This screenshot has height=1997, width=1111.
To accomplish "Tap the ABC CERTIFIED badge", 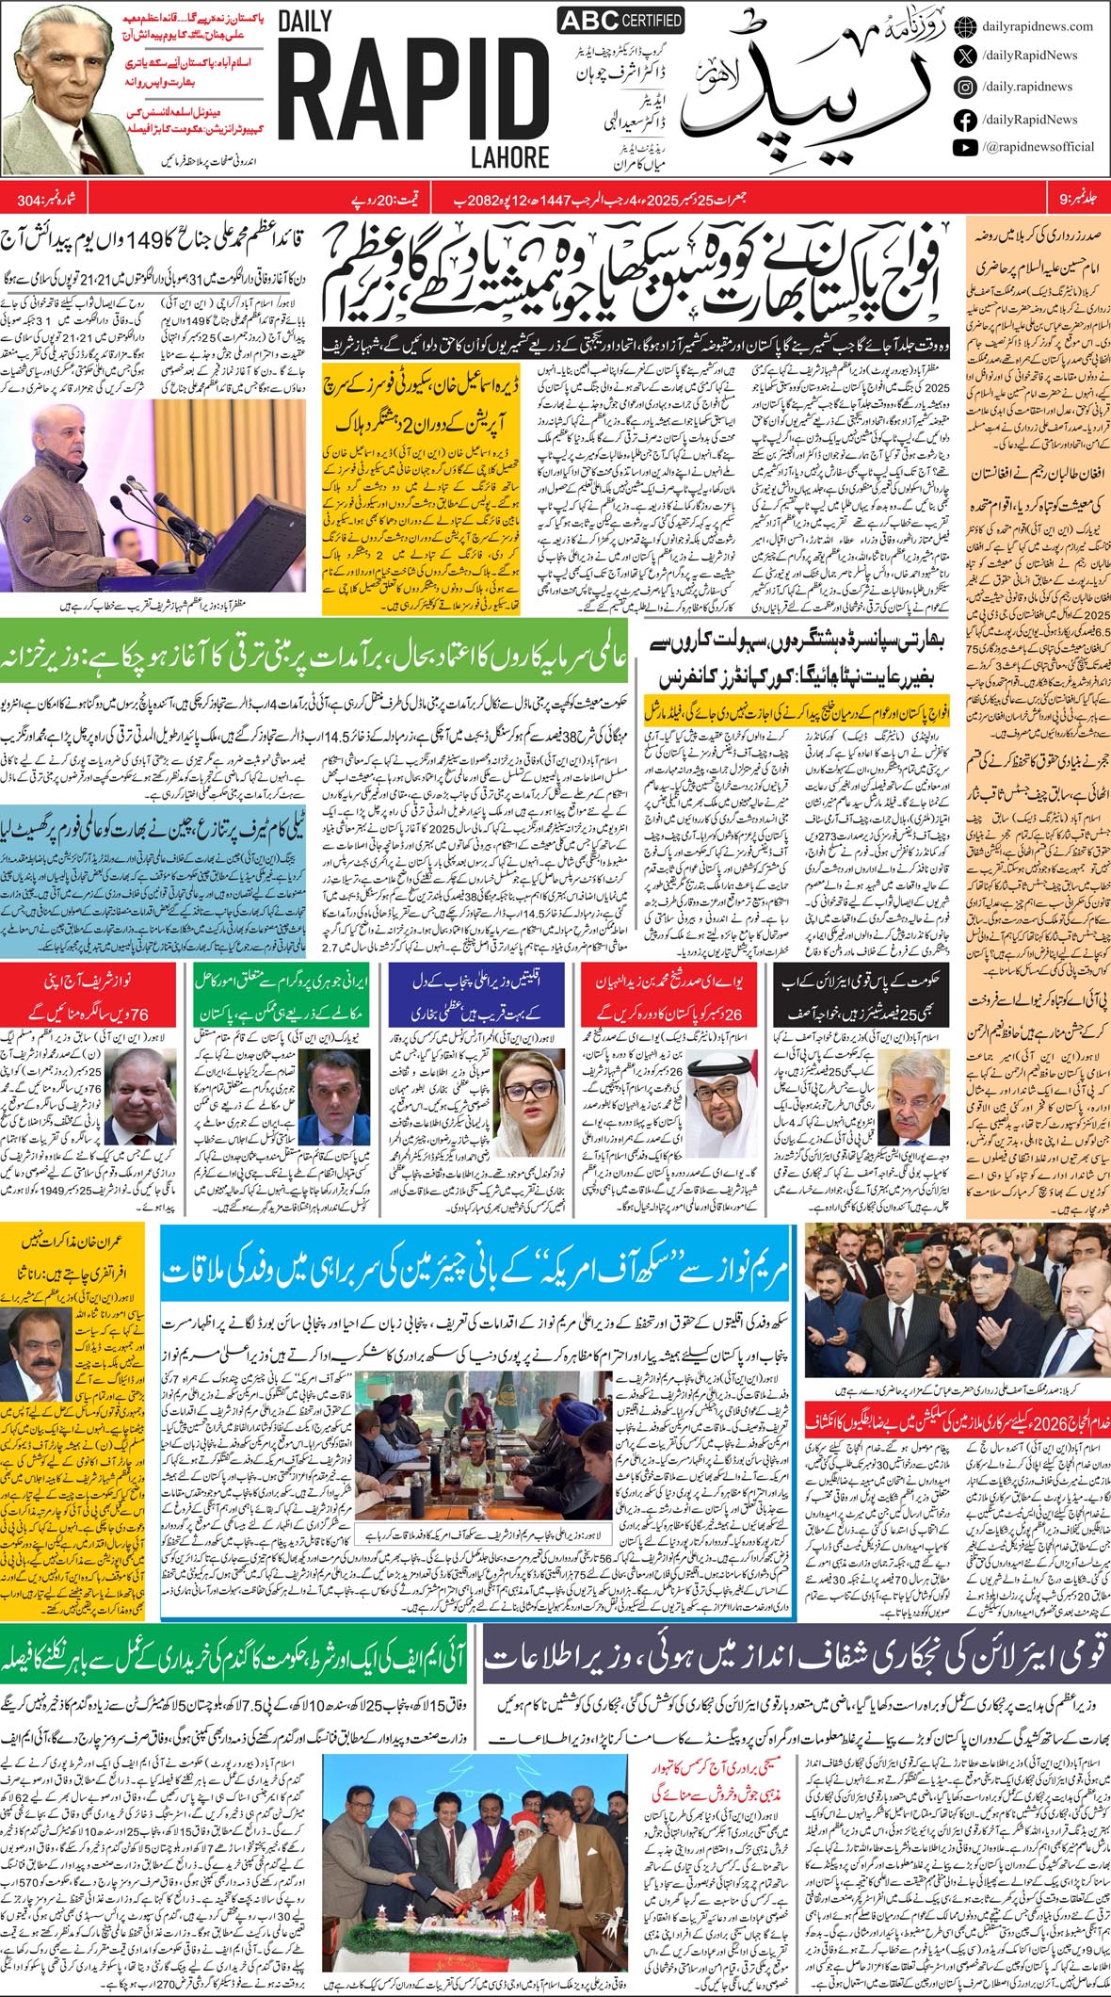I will (620, 21).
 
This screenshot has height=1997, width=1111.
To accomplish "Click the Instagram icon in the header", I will (964, 87).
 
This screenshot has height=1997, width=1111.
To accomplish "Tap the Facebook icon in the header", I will (964, 120).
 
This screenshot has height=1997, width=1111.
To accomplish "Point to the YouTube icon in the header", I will (964, 147).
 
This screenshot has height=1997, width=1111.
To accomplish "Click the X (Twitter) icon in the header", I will (964, 57).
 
